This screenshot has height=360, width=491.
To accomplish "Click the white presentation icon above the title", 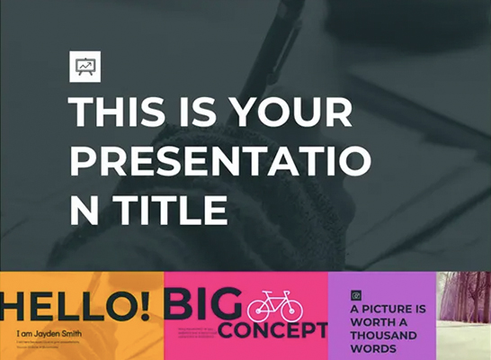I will [x=85, y=67].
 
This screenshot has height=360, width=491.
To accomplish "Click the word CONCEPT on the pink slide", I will [x=272, y=330].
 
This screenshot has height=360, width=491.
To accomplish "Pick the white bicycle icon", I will [x=274, y=306].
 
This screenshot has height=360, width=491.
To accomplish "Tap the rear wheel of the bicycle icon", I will [x=258, y=311].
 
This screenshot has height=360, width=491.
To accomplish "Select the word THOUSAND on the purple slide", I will [x=383, y=336].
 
